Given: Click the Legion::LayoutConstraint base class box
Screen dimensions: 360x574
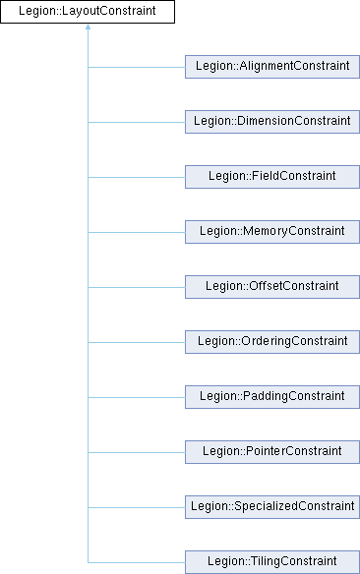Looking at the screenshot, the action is (88, 12).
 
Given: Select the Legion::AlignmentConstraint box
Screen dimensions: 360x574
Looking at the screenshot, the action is (272, 67).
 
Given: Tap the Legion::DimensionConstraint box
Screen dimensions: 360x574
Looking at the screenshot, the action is (272, 122).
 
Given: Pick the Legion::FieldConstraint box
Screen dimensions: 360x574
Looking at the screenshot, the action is (272, 177).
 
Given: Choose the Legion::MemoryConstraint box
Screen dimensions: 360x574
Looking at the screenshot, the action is (272, 232).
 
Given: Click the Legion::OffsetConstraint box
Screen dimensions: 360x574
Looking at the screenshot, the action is (272, 287).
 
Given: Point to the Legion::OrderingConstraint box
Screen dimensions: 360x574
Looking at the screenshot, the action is (272, 342).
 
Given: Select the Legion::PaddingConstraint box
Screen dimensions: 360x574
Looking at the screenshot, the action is (272, 397).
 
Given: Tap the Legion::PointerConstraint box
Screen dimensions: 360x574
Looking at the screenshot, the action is (272, 452).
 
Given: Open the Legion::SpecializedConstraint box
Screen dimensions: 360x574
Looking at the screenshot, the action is (272, 507).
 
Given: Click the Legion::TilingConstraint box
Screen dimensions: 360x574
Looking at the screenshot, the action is (272, 562).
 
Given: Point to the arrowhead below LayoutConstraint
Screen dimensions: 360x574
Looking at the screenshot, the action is (88, 27).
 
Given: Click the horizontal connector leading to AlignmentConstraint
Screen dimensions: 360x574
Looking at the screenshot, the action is (137, 68).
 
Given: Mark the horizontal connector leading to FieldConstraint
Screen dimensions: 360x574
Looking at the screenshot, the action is (137, 178).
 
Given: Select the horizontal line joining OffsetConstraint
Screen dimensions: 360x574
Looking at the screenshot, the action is (137, 287).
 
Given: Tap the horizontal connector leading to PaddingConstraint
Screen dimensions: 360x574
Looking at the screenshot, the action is (137, 397).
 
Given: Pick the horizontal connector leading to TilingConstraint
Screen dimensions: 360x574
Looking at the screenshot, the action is (137, 562).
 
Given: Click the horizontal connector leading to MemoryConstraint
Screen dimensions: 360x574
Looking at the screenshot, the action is (137, 233).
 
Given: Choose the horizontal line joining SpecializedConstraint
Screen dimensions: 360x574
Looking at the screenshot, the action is (137, 508).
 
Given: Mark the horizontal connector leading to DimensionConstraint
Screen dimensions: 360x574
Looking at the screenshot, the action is (137, 122).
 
